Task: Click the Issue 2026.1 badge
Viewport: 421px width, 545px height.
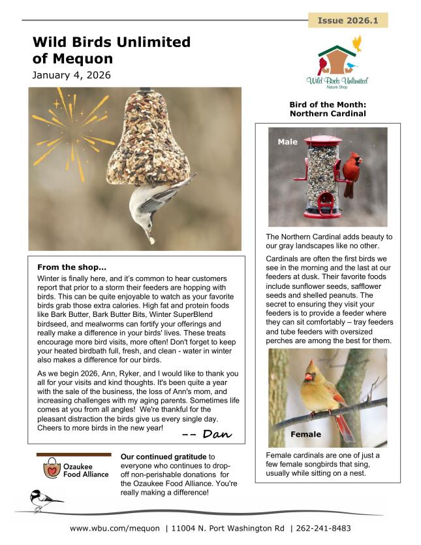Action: [x=347, y=20]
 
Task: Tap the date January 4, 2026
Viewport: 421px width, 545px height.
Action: [x=71, y=75]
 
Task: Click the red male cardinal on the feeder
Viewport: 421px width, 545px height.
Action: [x=352, y=171]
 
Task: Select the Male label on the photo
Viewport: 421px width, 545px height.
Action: [x=287, y=142]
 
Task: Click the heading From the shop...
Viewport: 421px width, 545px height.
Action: [x=72, y=267]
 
